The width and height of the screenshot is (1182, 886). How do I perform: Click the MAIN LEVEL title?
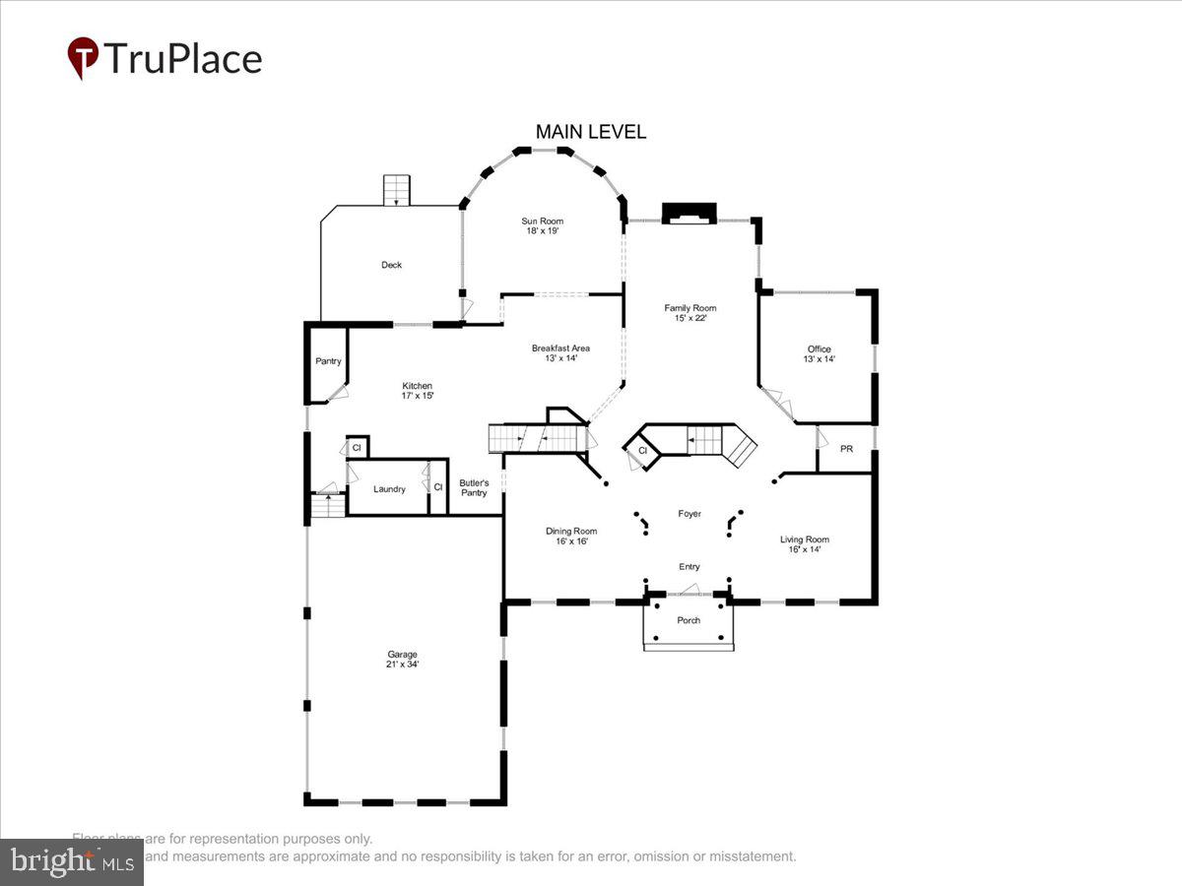(x=591, y=132)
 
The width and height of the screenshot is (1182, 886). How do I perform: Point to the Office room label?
(x=819, y=354)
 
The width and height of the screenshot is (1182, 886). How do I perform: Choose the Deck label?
(x=391, y=265)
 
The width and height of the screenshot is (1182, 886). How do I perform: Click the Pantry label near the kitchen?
(x=328, y=361)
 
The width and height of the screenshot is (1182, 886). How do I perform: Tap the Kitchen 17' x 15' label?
(x=417, y=391)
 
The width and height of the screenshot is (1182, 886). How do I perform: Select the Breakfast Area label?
(x=560, y=353)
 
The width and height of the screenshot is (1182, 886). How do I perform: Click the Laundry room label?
(x=389, y=489)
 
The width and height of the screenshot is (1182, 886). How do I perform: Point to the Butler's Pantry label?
(x=474, y=488)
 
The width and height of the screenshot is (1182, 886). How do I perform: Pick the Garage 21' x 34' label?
(x=402, y=660)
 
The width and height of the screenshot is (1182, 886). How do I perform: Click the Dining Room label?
(x=571, y=537)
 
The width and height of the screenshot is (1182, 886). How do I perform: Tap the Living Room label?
(x=805, y=544)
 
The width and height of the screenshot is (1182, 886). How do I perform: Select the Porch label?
(x=689, y=620)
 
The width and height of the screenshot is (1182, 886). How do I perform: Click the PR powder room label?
(x=846, y=449)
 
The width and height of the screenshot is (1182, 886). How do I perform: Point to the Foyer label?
(x=689, y=514)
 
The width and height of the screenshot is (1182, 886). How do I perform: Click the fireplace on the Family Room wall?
(x=689, y=214)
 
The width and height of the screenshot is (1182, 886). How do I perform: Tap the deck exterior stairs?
(x=396, y=189)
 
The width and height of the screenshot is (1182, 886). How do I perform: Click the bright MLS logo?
(x=71, y=862)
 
